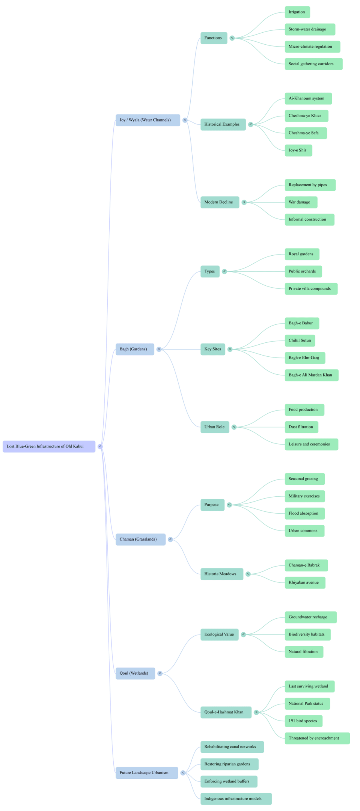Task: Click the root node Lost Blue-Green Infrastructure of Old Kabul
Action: pos(49,446)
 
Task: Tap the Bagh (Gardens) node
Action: pos(134,349)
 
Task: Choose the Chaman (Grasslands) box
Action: pos(140,539)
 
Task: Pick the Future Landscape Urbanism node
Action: pos(146,773)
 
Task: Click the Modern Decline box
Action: pos(219,202)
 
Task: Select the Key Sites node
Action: pos(212,349)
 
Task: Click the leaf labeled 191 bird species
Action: pos(303,721)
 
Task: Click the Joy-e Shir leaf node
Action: pos(298,150)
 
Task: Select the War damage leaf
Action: pos(301,202)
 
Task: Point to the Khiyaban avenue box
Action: pos(304,583)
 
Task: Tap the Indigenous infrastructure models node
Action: pos(236,799)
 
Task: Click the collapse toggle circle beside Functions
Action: pos(232,38)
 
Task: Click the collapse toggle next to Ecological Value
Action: pos(244,635)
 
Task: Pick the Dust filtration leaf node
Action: pos(301,427)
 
